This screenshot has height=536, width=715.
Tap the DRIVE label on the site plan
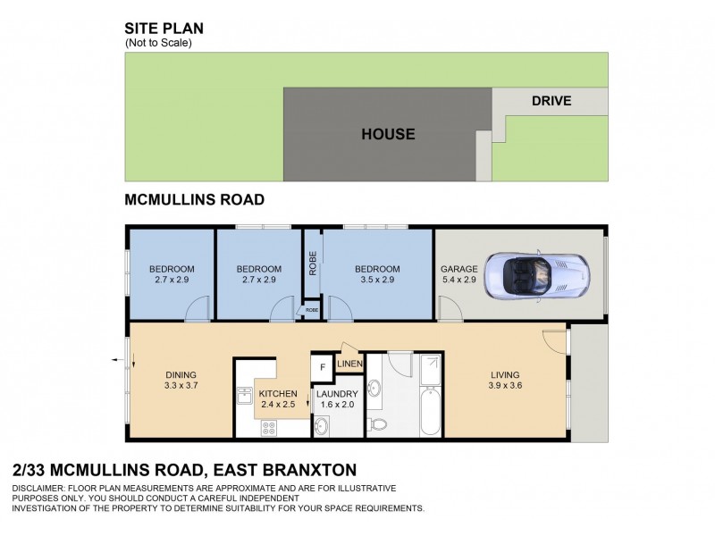(551, 101)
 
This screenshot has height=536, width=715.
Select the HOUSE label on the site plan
(388, 135)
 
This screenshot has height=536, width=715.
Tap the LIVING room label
(505, 374)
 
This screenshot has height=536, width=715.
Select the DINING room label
(181, 374)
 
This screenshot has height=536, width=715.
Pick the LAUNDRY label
(337, 393)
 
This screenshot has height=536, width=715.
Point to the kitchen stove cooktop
(269, 428)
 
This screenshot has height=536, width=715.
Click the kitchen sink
(244, 396)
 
